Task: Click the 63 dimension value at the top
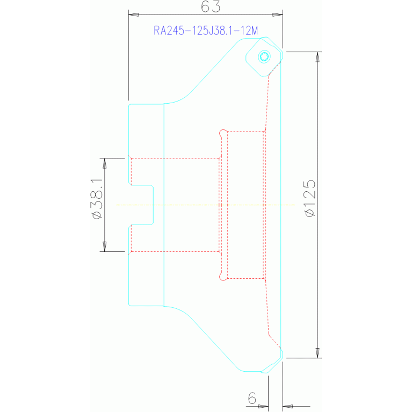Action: click(211, 7)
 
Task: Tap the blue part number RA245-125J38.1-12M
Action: click(206, 31)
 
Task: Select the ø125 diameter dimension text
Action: click(310, 198)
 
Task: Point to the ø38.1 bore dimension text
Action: click(96, 199)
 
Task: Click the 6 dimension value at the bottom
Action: click(252, 398)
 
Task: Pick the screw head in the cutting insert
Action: click(264, 56)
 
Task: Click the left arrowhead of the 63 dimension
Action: click(133, 15)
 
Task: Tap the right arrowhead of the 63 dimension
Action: click(278, 15)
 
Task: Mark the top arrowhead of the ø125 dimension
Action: click(317, 57)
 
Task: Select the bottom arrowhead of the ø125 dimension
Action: click(317, 353)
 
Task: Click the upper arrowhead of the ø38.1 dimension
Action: click(105, 163)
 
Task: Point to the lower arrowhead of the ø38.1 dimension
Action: click(105, 247)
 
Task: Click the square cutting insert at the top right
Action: click(264, 56)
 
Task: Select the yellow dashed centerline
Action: click(206, 205)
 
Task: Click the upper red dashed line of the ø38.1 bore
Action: click(175, 158)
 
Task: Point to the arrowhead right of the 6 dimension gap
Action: click(288, 407)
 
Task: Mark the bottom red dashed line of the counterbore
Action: click(245, 278)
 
